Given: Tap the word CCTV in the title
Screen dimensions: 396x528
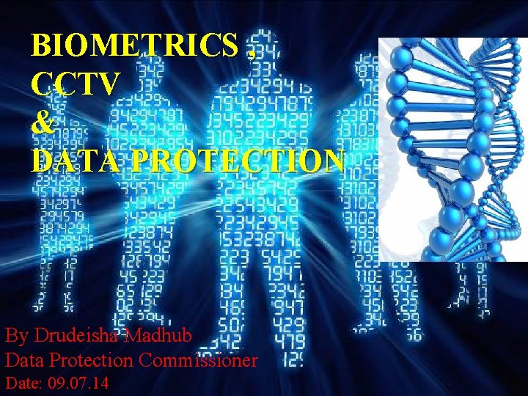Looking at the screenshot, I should [x=73, y=84].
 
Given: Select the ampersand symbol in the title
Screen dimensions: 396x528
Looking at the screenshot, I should [x=43, y=122].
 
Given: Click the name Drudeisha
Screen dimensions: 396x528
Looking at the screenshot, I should [x=81, y=336].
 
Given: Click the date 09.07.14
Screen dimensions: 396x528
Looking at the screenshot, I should [x=76, y=383].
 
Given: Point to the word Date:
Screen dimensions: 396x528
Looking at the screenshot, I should [x=23, y=383].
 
